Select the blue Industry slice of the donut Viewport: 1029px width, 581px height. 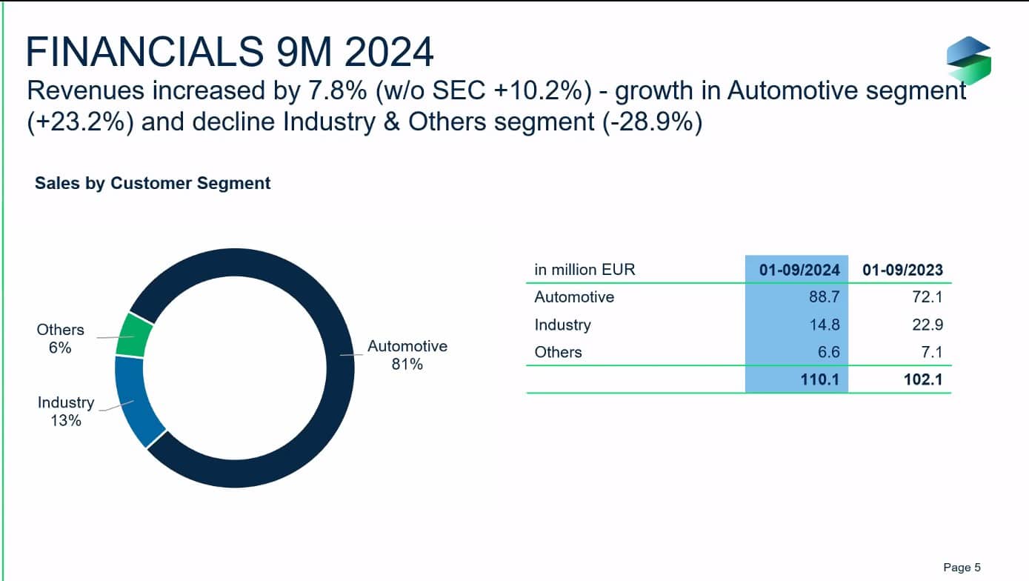(x=138, y=401)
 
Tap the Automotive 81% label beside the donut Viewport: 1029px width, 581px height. (x=407, y=355)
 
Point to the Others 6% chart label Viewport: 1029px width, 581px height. (x=60, y=339)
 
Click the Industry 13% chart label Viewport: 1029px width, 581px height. (x=66, y=411)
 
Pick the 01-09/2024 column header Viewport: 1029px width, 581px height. (x=799, y=270)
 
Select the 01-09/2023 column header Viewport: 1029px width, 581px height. (x=902, y=270)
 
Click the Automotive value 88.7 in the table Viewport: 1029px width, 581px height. (x=823, y=297)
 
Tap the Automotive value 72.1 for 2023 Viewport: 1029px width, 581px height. (x=927, y=297)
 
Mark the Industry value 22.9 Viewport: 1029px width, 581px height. (x=927, y=325)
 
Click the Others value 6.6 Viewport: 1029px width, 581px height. (x=827, y=352)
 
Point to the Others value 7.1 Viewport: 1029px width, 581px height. (x=931, y=352)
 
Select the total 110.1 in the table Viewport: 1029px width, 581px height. (x=819, y=380)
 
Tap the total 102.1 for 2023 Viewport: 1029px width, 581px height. (x=923, y=380)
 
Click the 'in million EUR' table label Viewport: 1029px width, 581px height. (x=585, y=270)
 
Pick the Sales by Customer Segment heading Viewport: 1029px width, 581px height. (x=153, y=183)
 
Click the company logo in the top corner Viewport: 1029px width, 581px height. (x=968, y=59)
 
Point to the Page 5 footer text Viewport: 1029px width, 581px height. (x=962, y=568)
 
